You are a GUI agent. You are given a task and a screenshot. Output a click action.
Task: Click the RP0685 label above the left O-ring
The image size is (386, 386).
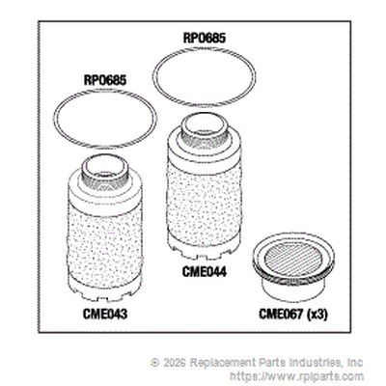(x=105, y=80)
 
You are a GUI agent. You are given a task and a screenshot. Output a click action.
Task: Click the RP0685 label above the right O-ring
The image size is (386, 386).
(x=205, y=38)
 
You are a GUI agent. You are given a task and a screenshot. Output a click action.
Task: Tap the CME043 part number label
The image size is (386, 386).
(x=105, y=314)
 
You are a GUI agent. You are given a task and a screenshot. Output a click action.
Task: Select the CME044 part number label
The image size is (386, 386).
(x=205, y=272)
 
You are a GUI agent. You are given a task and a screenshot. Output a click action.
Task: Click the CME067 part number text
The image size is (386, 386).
(x=281, y=314)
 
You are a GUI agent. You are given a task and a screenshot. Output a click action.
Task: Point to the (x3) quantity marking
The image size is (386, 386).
(x=317, y=315)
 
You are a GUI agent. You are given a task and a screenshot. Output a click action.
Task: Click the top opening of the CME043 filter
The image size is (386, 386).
(x=104, y=167)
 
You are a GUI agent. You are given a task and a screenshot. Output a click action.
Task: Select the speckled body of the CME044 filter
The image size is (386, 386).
(x=205, y=201)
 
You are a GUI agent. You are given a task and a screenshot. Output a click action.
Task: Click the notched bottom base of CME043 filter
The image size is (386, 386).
(x=104, y=289)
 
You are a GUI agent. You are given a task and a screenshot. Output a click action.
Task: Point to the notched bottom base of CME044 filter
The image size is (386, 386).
(x=205, y=248)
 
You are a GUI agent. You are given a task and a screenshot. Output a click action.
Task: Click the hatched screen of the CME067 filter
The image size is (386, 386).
(x=293, y=255)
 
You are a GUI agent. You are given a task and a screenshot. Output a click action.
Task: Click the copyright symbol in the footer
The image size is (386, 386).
(x=154, y=363)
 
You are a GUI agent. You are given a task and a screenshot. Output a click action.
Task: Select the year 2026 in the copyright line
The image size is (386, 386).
(x=174, y=363)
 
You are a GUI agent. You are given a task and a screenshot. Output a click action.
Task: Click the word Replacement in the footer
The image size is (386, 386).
(x=222, y=363)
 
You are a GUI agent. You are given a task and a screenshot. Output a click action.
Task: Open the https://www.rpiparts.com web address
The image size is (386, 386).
(x=297, y=376)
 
